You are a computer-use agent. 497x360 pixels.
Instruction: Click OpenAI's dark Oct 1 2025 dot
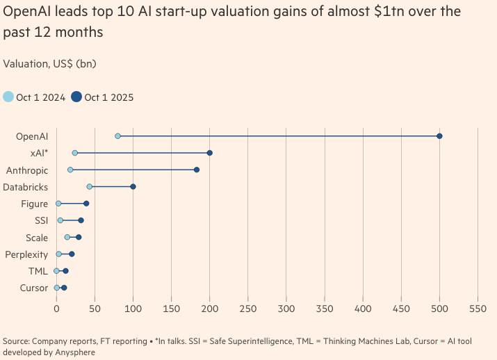tap(439, 136)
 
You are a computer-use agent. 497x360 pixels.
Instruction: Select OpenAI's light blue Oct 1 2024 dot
tap(117, 136)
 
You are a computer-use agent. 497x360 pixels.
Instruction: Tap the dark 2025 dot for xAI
tap(209, 153)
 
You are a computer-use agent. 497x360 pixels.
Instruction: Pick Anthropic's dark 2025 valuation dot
tap(197, 170)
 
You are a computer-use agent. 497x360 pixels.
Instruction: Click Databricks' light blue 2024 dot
tap(89, 186)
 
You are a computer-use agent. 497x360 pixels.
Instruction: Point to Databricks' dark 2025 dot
tap(133, 186)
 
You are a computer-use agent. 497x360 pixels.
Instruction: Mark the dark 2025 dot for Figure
tap(86, 204)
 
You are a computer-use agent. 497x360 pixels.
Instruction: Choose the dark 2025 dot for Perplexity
tap(72, 254)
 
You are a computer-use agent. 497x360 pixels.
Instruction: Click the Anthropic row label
tap(27, 170)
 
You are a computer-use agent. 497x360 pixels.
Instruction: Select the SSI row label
tap(41, 220)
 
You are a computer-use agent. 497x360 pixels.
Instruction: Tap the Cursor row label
tap(34, 288)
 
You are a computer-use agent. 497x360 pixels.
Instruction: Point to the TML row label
tap(38, 271)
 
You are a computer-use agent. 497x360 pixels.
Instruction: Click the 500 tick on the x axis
tap(439, 307)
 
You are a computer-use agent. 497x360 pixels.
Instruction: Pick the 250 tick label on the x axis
tap(248, 307)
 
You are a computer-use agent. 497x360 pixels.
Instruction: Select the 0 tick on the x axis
tap(56, 307)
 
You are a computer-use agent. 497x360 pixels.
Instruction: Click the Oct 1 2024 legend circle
tap(8, 97)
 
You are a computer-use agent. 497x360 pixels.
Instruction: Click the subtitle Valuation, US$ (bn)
tap(49, 64)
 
